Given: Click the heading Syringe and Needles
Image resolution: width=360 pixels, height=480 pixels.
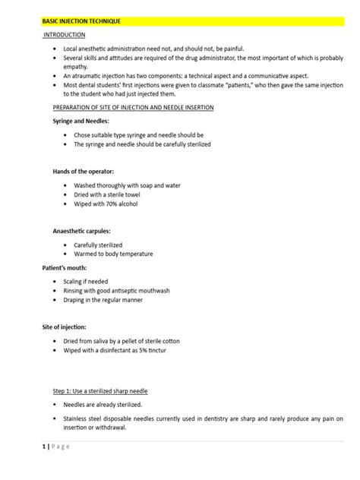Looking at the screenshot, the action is click(81, 122).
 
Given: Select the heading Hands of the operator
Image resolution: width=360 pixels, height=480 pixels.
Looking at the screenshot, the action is click(83, 172).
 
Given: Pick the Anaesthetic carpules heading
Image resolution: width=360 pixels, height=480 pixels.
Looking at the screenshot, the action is click(81, 229).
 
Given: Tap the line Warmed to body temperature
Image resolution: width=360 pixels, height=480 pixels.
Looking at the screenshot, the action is click(113, 254).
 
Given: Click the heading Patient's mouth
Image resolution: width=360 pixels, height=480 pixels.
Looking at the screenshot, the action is click(64, 268).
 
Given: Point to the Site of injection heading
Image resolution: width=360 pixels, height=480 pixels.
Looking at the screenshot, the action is click(69, 326).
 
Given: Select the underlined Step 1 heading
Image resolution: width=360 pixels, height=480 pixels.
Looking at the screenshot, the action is click(94, 390).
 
